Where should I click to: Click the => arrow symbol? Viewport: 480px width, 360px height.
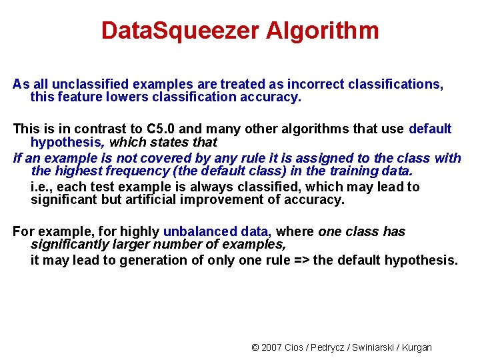tap(301, 260)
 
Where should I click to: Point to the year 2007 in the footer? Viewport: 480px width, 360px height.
tap(271, 347)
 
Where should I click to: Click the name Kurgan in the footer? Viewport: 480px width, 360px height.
tap(417, 347)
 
